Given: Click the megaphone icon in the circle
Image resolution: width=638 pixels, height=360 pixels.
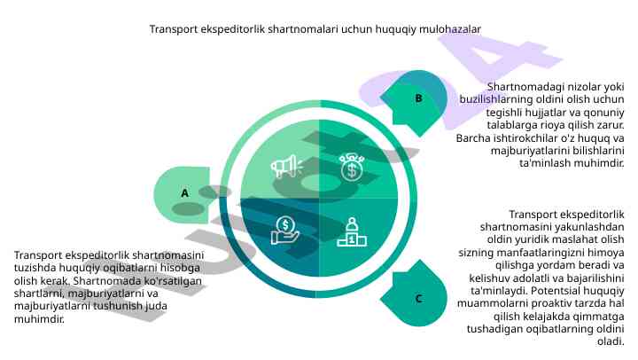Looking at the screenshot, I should [x=286, y=166].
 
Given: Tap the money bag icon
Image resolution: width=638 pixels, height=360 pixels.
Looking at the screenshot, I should [x=352, y=166].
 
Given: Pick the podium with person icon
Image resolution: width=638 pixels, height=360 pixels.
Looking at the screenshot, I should [x=352, y=232].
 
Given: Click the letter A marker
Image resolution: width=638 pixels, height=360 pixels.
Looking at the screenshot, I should [x=185, y=192].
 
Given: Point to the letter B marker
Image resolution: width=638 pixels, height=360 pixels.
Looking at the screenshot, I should [x=418, y=98].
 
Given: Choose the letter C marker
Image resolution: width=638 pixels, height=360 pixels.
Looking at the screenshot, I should [x=418, y=299].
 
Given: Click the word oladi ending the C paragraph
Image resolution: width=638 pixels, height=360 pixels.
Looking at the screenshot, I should [x=611, y=341].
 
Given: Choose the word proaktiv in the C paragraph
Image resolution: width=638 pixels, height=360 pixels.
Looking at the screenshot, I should [x=560, y=302].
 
